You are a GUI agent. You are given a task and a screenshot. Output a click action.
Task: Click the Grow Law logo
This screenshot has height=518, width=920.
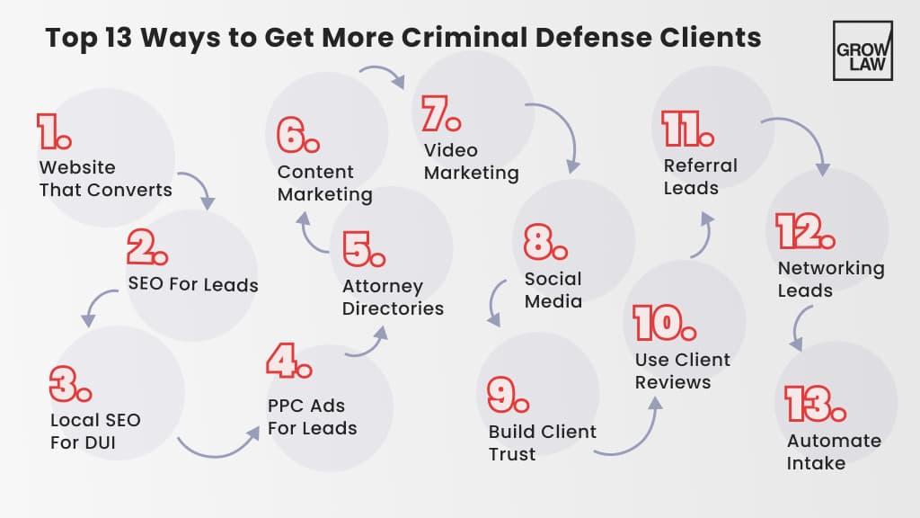point(862,50)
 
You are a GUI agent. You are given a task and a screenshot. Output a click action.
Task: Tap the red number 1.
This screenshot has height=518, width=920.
point(53,132)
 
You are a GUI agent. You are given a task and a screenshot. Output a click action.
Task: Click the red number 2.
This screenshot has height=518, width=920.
point(147,246)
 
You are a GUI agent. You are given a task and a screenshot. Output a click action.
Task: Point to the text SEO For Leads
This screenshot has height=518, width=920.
point(193,286)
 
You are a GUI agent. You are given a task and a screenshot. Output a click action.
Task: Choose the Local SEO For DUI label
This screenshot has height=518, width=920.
point(95,432)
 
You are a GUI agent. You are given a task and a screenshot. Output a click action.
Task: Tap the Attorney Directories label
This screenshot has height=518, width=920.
point(393,298)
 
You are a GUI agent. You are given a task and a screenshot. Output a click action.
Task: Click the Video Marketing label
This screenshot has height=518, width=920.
point(471,161)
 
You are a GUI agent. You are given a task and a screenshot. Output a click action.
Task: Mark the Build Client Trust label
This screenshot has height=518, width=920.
point(542,442)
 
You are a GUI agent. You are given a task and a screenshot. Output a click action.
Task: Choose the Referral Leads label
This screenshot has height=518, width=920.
point(700,176)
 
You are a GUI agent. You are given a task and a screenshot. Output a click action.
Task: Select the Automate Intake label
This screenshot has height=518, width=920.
point(834,452)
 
